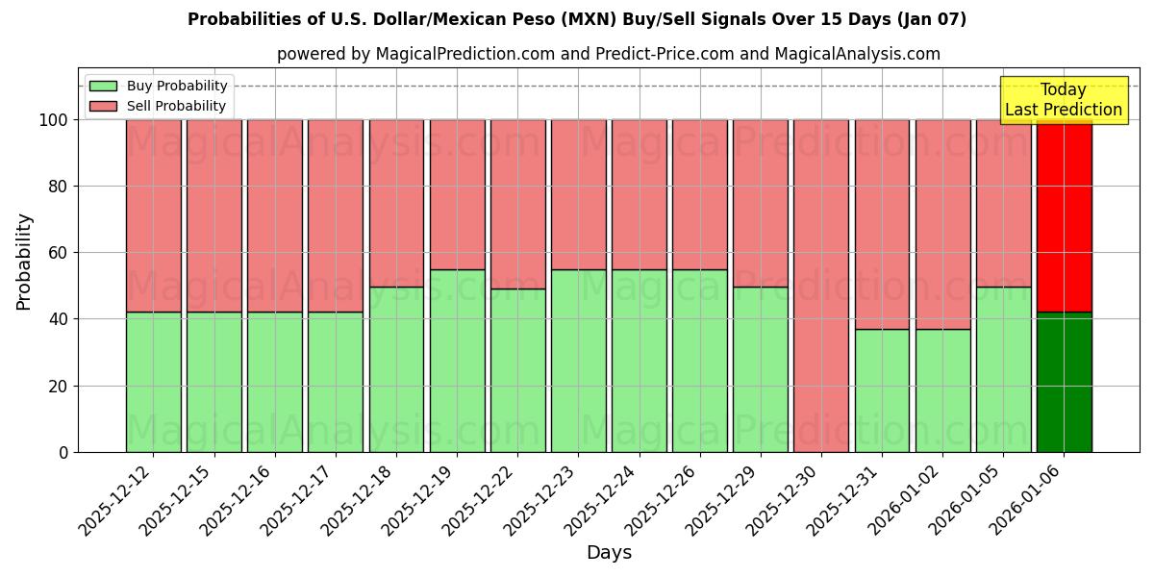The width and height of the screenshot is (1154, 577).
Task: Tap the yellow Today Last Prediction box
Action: click(1063, 100)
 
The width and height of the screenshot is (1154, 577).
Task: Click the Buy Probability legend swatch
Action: click(103, 86)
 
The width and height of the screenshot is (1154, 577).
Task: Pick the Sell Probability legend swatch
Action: click(103, 106)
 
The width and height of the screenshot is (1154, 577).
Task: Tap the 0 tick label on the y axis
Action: click(63, 452)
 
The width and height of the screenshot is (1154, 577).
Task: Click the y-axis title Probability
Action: click(24, 262)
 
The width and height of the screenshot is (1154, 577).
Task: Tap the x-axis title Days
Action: click(609, 553)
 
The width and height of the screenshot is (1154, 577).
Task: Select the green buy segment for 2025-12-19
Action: click(457, 361)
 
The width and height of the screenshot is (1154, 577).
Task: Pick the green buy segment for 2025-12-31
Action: click(882, 390)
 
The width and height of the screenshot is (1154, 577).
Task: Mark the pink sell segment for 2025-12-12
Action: click(153, 215)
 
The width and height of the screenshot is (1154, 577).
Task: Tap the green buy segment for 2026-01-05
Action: click(1003, 369)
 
